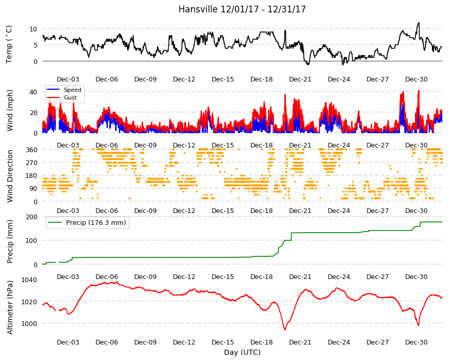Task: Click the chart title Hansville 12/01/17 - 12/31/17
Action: coord(242,9)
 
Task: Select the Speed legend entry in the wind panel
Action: coord(64,90)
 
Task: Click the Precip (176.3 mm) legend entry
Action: coord(88,223)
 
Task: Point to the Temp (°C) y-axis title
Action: coord(9,44)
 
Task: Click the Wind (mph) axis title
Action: coord(10,110)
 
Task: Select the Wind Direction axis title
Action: coord(10,176)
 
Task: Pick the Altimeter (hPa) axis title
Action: coord(10,307)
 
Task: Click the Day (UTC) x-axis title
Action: coord(242,352)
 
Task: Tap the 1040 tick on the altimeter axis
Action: coord(29,280)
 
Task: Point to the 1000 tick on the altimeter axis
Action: coord(29,323)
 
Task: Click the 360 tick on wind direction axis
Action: coord(32,150)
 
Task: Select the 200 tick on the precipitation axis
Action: coord(32,217)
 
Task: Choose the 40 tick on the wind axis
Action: coord(34,92)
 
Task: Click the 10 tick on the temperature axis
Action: coord(34,29)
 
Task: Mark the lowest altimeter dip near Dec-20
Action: coord(285,330)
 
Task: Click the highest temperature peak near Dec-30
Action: coord(419,23)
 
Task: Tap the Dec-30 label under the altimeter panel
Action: coord(416,342)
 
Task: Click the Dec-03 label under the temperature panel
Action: coord(68,79)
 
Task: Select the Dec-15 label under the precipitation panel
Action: coord(223,277)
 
